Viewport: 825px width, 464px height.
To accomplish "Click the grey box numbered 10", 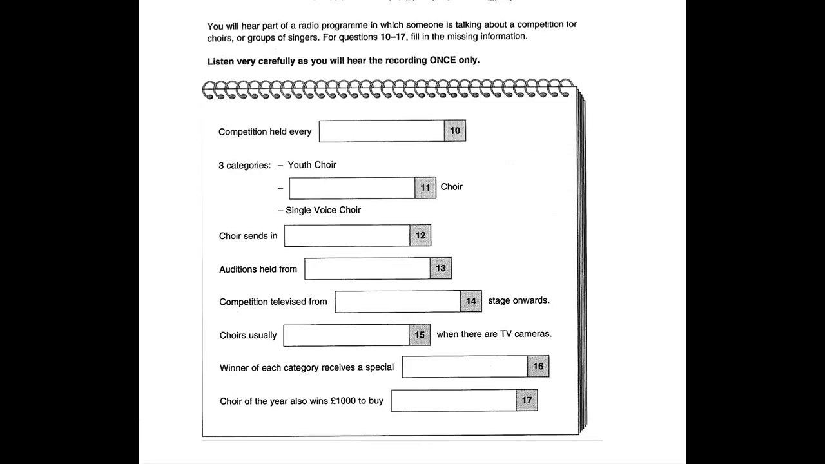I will pyautogui.click(x=455, y=131).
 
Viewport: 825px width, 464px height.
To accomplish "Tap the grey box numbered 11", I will pyautogui.click(x=425, y=188).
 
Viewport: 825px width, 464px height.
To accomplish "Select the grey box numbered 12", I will pyautogui.click(x=420, y=236).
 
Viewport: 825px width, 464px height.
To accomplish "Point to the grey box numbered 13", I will pyautogui.click(x=441, y=269).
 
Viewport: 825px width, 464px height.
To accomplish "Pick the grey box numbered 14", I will pyautogui.click(x=471, y=301).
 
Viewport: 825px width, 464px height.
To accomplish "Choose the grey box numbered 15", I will pyautogui.click(x=420, y=335).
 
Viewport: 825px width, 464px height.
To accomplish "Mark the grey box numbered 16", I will pyautogui.click(x=538, y=367).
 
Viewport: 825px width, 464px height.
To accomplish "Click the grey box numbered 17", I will pyautogui.click(x=527, y=400).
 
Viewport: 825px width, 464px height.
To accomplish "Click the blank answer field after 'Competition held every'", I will pyautogui.click(x=382, y=131).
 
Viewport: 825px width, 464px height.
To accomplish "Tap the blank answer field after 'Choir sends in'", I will pyautogui.click(x=347, y=236).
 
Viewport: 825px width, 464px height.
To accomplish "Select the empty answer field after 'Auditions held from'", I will pyautogui.click(x=367, y=269).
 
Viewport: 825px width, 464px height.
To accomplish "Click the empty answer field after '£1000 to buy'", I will pyautogui.click(x=454, y=400).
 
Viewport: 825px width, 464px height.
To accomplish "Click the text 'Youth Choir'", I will pyautogui.click(x=312, y=165).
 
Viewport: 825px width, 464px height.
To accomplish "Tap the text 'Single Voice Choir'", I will pyautogui.click(x=323, y=210).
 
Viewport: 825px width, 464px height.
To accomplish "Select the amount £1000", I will pyautogui.click(x=343, y=401).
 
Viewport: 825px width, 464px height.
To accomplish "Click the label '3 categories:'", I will pyautogui.click(x=245, y=166).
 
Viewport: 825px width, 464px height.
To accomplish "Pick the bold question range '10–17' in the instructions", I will pyautogui.click(x=393, y=37).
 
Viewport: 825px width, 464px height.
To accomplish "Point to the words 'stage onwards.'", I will pyautogui.click(x=519, y=300).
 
